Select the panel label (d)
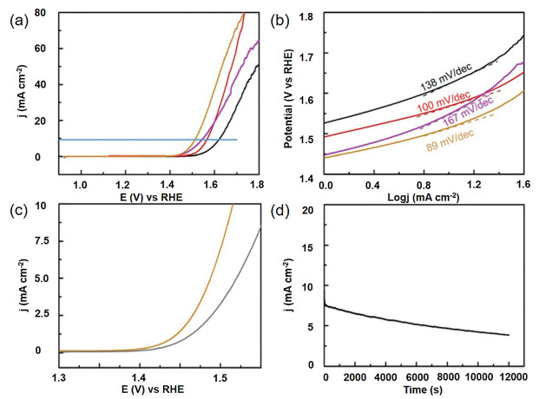point(283,208)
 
